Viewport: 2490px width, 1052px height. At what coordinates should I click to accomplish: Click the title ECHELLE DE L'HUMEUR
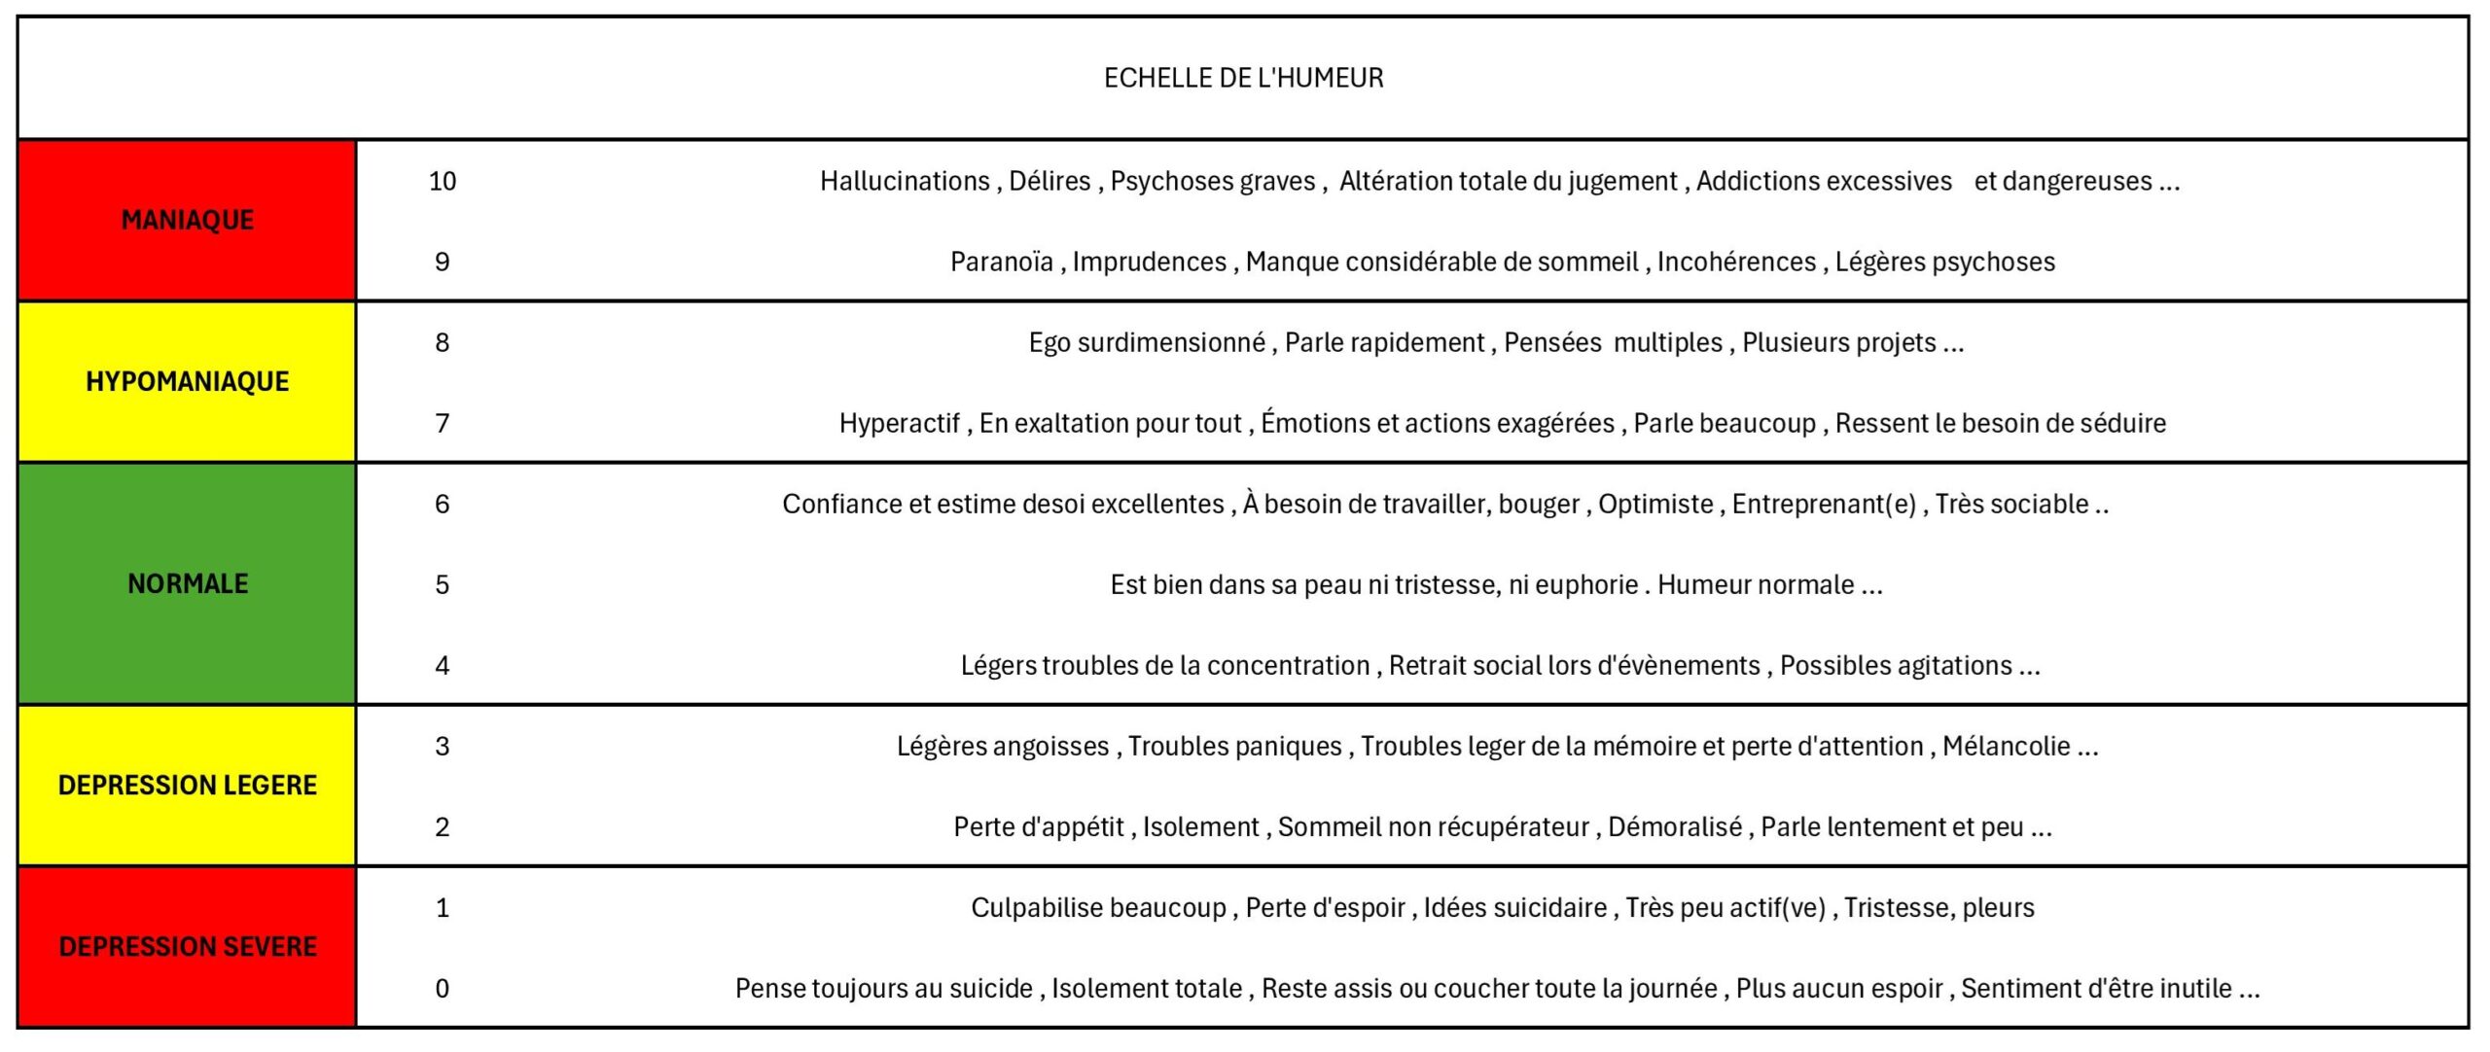click(1243, 78)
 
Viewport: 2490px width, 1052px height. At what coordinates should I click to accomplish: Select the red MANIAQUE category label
click(188, 221)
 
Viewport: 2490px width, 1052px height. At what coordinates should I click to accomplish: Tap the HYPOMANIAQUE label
click(188, 382)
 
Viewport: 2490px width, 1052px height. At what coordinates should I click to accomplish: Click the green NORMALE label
click(188, 583)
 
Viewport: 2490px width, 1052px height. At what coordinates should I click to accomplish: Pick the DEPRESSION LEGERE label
click(188, 786)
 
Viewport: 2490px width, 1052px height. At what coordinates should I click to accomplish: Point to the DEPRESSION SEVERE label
click(188, 947)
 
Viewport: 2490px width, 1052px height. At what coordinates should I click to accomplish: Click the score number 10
click(443, 182)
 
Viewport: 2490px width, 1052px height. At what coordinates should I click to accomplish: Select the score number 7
click(443, 424)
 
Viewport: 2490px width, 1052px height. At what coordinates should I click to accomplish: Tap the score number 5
click(443, 585)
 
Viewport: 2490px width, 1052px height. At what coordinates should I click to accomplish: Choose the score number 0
click(443, 989)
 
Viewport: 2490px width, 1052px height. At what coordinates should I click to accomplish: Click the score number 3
click(443, 747)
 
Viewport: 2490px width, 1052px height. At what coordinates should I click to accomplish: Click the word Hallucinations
click(905, 182)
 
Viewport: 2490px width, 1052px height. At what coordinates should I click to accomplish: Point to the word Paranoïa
click(1001, 263)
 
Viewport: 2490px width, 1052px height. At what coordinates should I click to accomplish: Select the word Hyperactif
click(900, 424)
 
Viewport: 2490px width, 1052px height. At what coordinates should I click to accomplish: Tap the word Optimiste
click(1655, 505)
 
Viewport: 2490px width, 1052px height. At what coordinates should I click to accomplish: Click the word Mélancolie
click(2007, 747)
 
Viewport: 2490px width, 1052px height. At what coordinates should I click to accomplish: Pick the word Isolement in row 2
click(1200, 827)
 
